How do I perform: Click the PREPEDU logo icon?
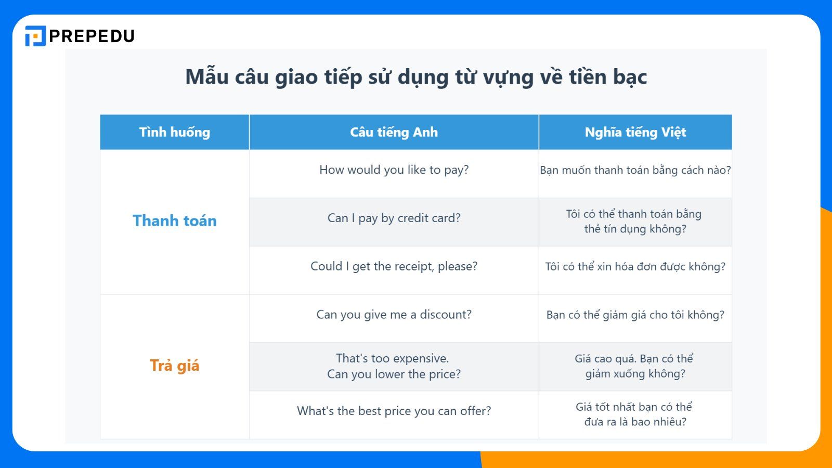(35, 36)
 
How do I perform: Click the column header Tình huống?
(175, 132)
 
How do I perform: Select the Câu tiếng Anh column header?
(394, 132)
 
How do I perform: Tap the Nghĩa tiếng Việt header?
(635, 132)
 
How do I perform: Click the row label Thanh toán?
(175, 220)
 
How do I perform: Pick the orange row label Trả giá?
(175, 366)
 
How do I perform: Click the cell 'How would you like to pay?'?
(394, 170)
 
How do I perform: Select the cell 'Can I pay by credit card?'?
(394, 218)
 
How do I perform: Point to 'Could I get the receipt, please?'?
(394, 266)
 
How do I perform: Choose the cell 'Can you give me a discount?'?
(394, 315)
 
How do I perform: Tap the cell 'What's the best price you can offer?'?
(394, 411)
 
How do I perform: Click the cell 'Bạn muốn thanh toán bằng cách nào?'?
(635, 170)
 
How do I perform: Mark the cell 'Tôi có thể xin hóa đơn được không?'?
(635, 267)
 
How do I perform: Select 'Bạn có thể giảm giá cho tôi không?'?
(635, 315)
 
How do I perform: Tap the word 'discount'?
(446, 315)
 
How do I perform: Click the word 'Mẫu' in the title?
(207, 77)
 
